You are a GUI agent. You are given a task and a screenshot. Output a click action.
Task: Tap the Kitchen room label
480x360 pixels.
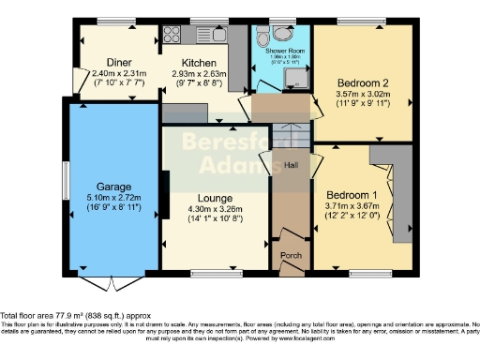(199, 63)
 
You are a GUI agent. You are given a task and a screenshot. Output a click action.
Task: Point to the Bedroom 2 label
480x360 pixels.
(361, 82)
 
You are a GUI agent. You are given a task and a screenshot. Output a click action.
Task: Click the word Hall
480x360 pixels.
(291, 166)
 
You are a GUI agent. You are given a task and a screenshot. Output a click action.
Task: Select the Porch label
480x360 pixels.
(291, 255)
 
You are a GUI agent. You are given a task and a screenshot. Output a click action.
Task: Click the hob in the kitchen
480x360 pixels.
(174, 36)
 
